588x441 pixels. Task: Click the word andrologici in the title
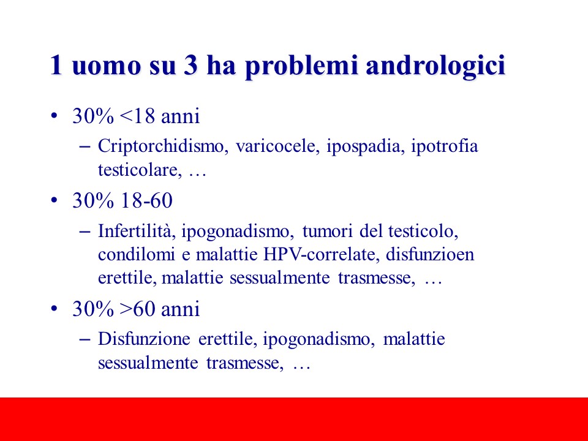(435, 66)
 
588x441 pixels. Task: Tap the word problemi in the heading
(301, 66)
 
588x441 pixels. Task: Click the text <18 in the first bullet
(137, 116)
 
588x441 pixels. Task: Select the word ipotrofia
(445, 146)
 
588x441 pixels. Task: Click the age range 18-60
(146, 200)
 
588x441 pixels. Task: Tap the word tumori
(327, 232)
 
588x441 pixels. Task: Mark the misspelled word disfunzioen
(430, 254)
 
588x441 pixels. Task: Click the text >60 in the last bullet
(137, 309)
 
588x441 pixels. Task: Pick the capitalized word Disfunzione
(144, 339)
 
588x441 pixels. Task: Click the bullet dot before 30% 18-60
(55, 201)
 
